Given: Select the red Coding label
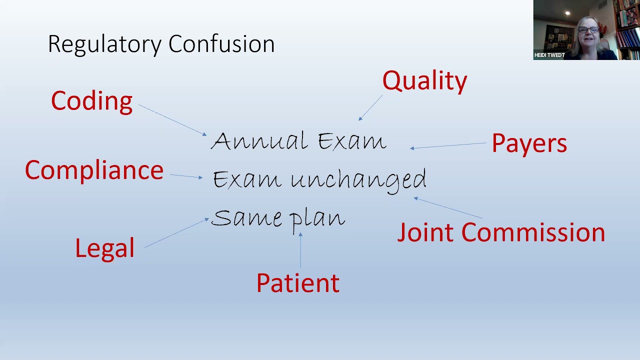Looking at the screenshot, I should pos(92,101).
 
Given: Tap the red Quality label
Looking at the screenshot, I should pos(424,81).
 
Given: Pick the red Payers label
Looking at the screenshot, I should pos(529,143).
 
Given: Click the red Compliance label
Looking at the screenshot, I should pos(94,170).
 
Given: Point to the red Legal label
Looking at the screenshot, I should pos(105,248).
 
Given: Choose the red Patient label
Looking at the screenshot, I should pos(297,283).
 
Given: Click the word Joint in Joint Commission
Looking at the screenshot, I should pos(425,233).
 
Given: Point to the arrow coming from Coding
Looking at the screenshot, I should pos(172,120).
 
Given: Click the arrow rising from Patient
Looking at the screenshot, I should pos(300,250).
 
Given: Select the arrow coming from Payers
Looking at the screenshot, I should pos(448,145).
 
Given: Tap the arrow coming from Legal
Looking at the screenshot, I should pos(176,232).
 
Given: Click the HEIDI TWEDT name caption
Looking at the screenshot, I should pos(549,55).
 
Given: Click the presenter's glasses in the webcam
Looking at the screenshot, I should pos(588,30).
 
